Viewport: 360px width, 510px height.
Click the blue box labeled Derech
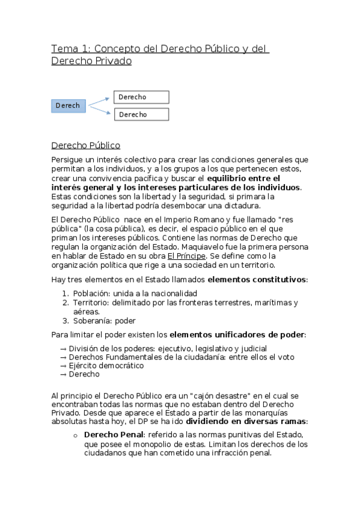coord(69,105)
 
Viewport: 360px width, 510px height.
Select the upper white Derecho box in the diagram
coord(141,97)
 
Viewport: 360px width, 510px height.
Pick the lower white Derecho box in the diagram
coord(141,114)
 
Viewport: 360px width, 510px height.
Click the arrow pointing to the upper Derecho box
coord(100,101)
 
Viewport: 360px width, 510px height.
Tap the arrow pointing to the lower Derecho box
coord(100,109)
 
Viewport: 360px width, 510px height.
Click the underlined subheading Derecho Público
coord(85,145)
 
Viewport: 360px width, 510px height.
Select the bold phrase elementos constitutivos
coord(257,280)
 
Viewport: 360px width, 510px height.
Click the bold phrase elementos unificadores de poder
coord(237,334)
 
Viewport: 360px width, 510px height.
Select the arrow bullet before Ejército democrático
coord(64,365)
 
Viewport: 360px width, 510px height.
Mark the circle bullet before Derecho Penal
coord(75,435)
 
